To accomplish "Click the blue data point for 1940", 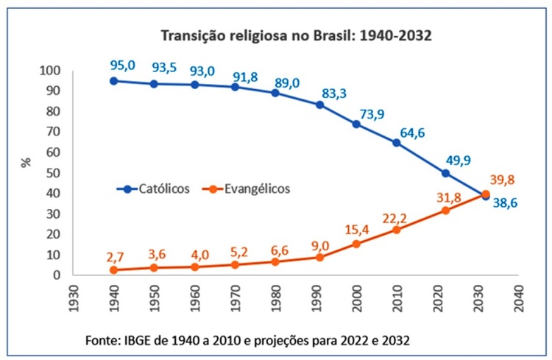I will point(113,81).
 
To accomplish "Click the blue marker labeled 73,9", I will point(356,124).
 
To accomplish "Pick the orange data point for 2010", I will point(397,230).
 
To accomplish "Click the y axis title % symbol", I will point(26,163).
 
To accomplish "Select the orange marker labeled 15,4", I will point(356,244).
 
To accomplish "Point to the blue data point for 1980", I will point(275,93).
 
